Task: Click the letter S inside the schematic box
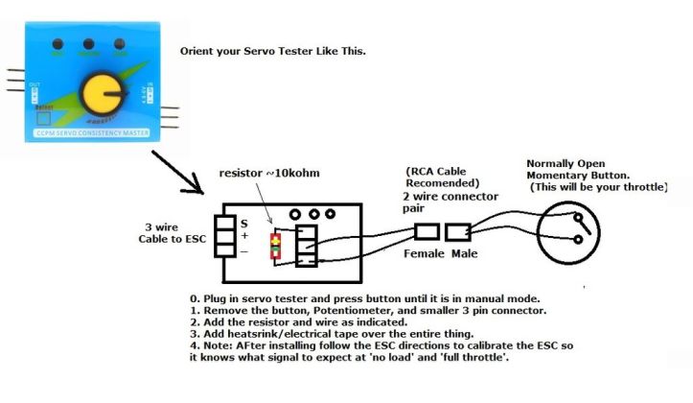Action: [x=243, y=222]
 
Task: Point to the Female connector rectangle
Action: [x=426, y=232]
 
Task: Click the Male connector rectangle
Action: [x=458, y=232]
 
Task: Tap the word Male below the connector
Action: [x=465, y=255]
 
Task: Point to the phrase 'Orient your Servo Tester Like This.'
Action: [x=272, y=50]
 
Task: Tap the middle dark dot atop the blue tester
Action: [x=87, y=44]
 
